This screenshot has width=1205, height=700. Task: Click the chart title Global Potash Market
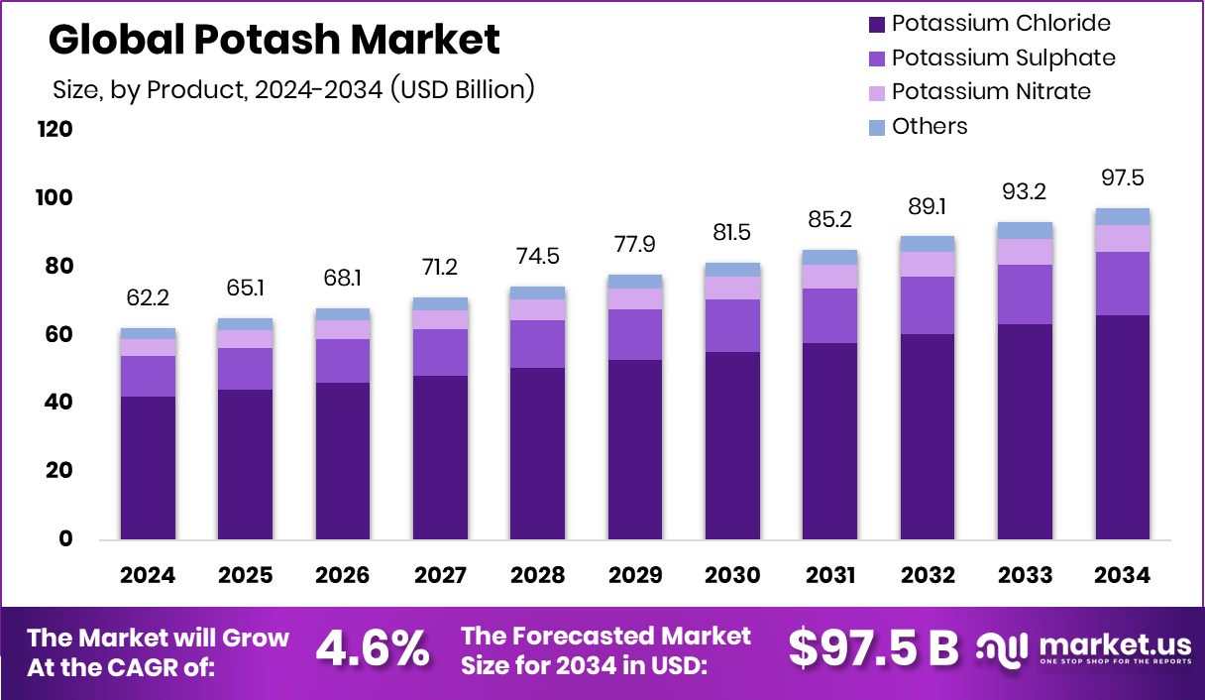274,41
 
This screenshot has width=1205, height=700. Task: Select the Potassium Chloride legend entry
1001,23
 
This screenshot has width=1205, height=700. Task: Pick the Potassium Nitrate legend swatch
876,92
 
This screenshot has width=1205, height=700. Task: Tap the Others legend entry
929,126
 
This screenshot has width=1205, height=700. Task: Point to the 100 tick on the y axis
55,198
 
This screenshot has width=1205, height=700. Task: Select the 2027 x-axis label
440,576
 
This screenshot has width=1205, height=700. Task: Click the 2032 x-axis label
928,576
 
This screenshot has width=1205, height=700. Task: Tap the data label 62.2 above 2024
149,296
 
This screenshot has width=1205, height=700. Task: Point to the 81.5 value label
732,233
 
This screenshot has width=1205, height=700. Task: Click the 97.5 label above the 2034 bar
1122,177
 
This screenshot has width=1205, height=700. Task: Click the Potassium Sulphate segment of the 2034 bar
1122,284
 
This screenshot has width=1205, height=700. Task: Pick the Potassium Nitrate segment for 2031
830,277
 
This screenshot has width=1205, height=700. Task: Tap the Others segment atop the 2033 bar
1025,230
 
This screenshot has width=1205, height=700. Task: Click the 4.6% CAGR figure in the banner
372,649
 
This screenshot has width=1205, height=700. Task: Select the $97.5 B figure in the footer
873,648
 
